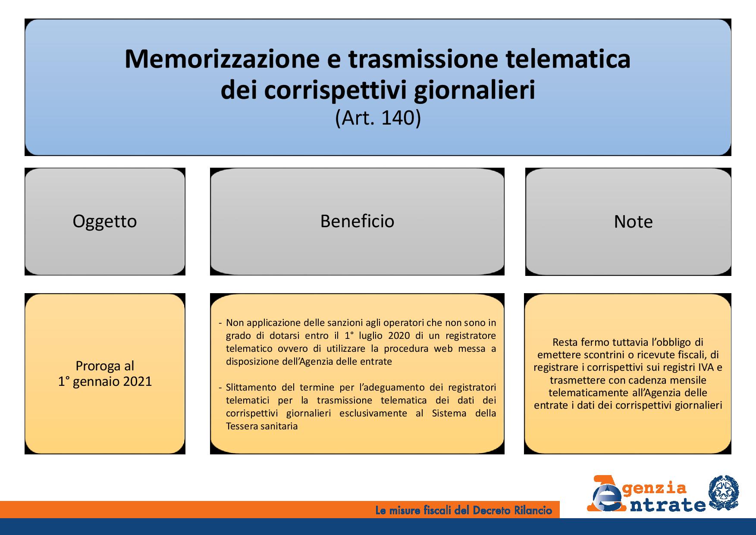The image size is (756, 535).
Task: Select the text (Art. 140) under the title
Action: pos(378,118)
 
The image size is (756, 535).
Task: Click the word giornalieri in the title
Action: pos(474,91)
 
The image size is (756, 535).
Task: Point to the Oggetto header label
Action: pos(105,221)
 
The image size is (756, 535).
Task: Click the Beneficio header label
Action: pos(357,221)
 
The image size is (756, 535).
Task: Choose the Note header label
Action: pos(633,222)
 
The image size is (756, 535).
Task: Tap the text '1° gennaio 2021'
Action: pos(105,382)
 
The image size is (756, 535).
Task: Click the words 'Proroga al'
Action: pos(105,366)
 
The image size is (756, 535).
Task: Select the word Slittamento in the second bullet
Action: pos(251,388)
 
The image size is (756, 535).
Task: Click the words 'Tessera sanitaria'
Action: pos(262,426)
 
